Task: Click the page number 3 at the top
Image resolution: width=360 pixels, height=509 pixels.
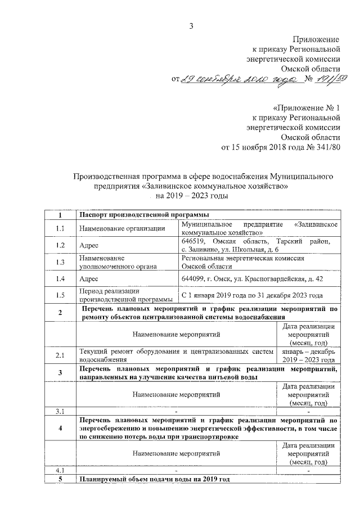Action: point(191,26)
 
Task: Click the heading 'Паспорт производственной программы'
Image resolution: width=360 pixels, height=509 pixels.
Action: point(144,215)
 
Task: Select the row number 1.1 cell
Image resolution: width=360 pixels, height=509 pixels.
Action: point(61,228)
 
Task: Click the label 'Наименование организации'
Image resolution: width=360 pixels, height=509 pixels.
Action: point(122,228)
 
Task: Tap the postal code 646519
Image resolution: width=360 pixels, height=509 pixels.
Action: point(191,241)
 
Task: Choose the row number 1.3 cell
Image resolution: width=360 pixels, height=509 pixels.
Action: point(61,262)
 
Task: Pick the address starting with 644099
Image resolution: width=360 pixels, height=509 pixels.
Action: point(252,279)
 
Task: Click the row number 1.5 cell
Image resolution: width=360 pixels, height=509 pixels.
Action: point(61,295)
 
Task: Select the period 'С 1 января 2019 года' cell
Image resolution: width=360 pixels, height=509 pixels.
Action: point(252,295)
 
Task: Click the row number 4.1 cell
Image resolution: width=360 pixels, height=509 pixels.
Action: point(61,470)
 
